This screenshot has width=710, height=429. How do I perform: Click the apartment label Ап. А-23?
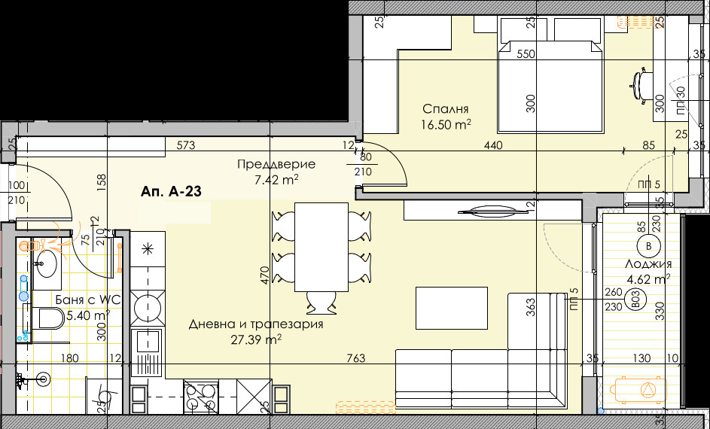170,193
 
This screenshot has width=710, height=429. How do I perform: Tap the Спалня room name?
445,108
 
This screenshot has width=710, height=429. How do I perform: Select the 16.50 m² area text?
446,124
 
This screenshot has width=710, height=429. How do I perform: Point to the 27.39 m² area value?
256,339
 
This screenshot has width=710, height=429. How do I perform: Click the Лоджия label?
647,264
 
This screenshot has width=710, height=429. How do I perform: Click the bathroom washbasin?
47,263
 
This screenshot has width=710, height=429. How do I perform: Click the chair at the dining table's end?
321,303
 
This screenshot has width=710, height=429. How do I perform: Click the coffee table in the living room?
452,308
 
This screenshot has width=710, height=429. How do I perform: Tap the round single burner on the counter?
147,309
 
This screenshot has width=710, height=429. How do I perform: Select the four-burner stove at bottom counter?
201,396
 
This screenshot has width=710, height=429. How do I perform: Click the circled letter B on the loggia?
648,246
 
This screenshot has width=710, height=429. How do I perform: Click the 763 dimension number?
357,359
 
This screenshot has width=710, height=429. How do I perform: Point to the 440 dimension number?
493,145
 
